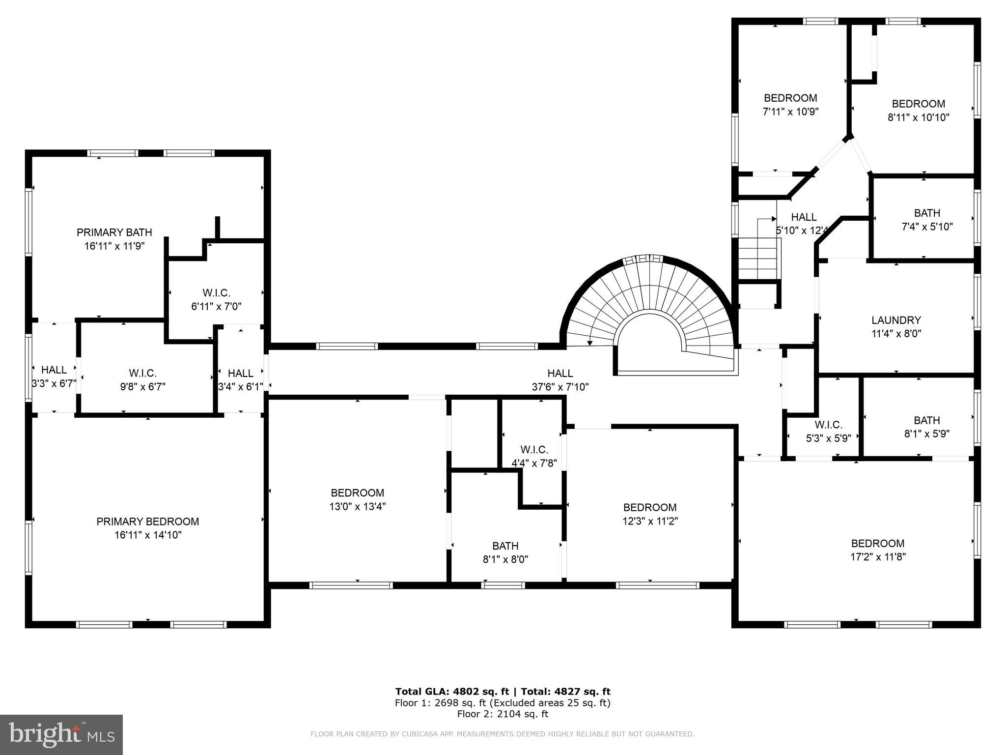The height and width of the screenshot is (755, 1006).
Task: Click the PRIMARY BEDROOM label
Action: [147, 522]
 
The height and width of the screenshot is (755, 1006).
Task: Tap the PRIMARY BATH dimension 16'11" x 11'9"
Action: [114, 246]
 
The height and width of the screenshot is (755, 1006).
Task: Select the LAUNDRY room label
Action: [896, 320]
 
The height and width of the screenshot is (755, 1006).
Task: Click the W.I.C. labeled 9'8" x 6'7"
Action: [142, 380]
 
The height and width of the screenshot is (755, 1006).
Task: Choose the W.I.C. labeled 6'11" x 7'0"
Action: [216, 299]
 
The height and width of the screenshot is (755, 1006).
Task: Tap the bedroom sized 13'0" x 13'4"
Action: [357, 499]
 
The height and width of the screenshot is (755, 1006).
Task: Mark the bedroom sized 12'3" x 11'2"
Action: [649, 514]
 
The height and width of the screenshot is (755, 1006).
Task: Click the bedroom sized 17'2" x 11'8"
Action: [877, 550]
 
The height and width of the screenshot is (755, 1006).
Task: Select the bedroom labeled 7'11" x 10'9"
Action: [790, 105]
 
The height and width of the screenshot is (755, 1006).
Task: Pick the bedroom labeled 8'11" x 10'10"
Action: [918, 111]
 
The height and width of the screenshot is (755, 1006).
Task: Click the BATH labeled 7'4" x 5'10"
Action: [927, 220]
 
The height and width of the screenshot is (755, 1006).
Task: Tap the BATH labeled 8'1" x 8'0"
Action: [505, 552]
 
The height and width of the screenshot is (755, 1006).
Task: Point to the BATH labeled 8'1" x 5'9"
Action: [926, 427]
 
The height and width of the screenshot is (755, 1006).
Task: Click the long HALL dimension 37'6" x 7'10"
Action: [560, 387]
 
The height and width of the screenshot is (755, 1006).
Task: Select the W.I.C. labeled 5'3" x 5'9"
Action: [828, 431]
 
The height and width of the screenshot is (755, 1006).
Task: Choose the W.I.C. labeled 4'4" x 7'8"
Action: [534, 456]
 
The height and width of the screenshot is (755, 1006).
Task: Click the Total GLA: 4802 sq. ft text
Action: [452, 692]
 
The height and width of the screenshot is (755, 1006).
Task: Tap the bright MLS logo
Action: [61, 734]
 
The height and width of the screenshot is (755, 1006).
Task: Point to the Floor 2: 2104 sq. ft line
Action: [503, 714]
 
